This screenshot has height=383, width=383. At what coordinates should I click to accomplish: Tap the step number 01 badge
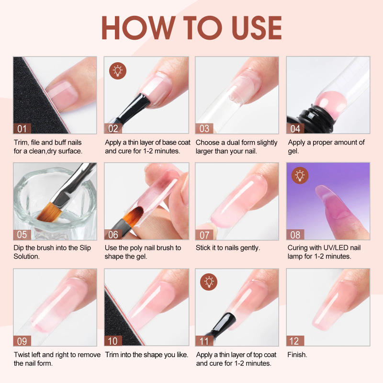pos(22,128)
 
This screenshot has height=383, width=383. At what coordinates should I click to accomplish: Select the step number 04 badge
pos(295,128)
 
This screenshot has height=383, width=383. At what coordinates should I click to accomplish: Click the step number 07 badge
pos(204,235)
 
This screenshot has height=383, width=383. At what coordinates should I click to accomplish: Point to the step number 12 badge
pos(295,340)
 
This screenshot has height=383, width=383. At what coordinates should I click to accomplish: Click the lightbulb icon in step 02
pos(117,70)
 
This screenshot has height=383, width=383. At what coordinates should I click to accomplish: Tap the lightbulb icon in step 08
pos(300,176)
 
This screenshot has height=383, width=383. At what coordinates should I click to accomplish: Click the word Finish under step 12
pos(297,355)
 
